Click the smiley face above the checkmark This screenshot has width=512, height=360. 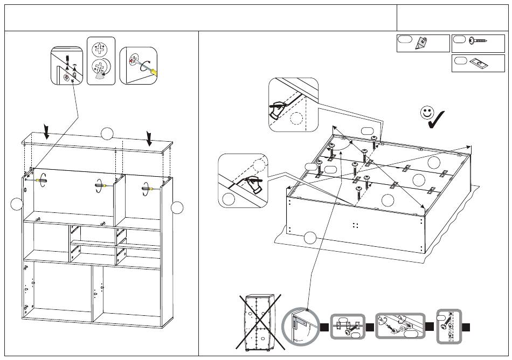pyautogui.click(x=427, y=113)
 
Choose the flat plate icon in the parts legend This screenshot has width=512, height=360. pyautogui.click(x=476, y=63)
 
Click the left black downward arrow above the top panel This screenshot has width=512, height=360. pyautogui.click(x=47, y=131)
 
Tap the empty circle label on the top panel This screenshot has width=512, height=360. pyautogui.click(x=107, y=133)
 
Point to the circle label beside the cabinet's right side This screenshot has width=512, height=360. pyautogui.click(x=177, y=207)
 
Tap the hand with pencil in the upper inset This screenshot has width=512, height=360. pyautogui.click(x=277, y=110)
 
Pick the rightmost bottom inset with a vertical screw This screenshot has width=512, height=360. pyautogui.click(x=449, y=327)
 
